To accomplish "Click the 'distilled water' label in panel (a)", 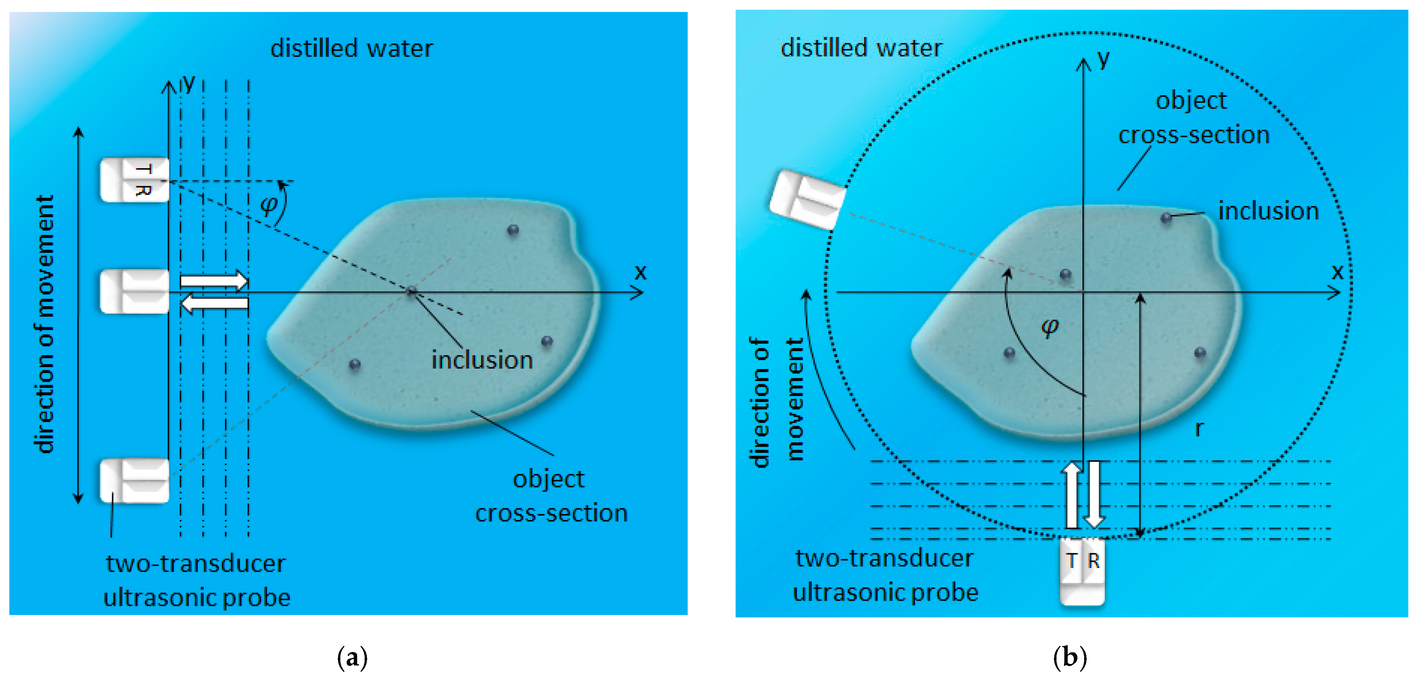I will [352, 49].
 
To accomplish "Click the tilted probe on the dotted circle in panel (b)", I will [807, 200].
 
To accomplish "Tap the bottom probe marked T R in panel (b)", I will [1082, 571].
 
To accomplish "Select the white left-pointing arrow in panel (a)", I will [214, 303].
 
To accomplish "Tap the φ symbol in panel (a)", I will [269, 205].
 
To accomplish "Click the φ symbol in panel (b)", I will [1049, 327].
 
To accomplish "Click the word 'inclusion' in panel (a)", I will [482, 360].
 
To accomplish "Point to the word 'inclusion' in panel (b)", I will [1268, 211].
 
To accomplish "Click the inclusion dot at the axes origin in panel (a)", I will [411, 291].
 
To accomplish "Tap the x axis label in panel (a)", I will [640, 272].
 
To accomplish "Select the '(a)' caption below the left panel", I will [352, 657].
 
